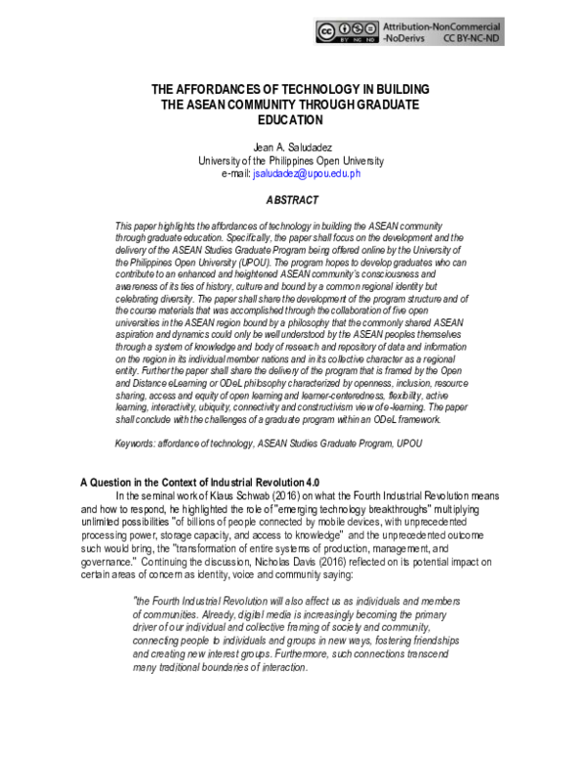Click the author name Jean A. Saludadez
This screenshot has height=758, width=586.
pos(293,147)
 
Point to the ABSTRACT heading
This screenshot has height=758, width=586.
pos(292,199)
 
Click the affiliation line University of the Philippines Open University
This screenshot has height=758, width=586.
pos(292,160)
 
